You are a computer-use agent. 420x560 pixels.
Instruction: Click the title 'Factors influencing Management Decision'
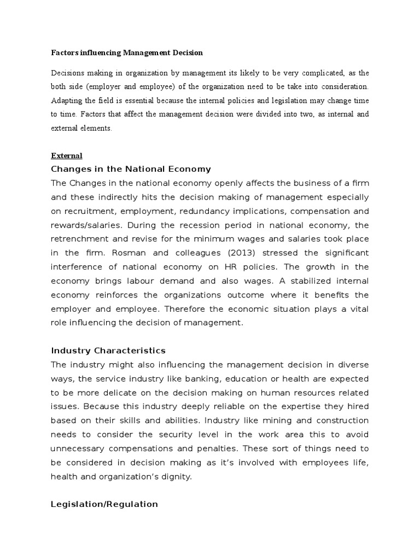[126, 53]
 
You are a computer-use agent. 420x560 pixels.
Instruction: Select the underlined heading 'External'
[66, 156]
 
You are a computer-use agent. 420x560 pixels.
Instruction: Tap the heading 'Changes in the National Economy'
[131, 168]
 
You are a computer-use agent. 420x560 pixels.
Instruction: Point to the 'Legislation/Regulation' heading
[104, 504]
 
